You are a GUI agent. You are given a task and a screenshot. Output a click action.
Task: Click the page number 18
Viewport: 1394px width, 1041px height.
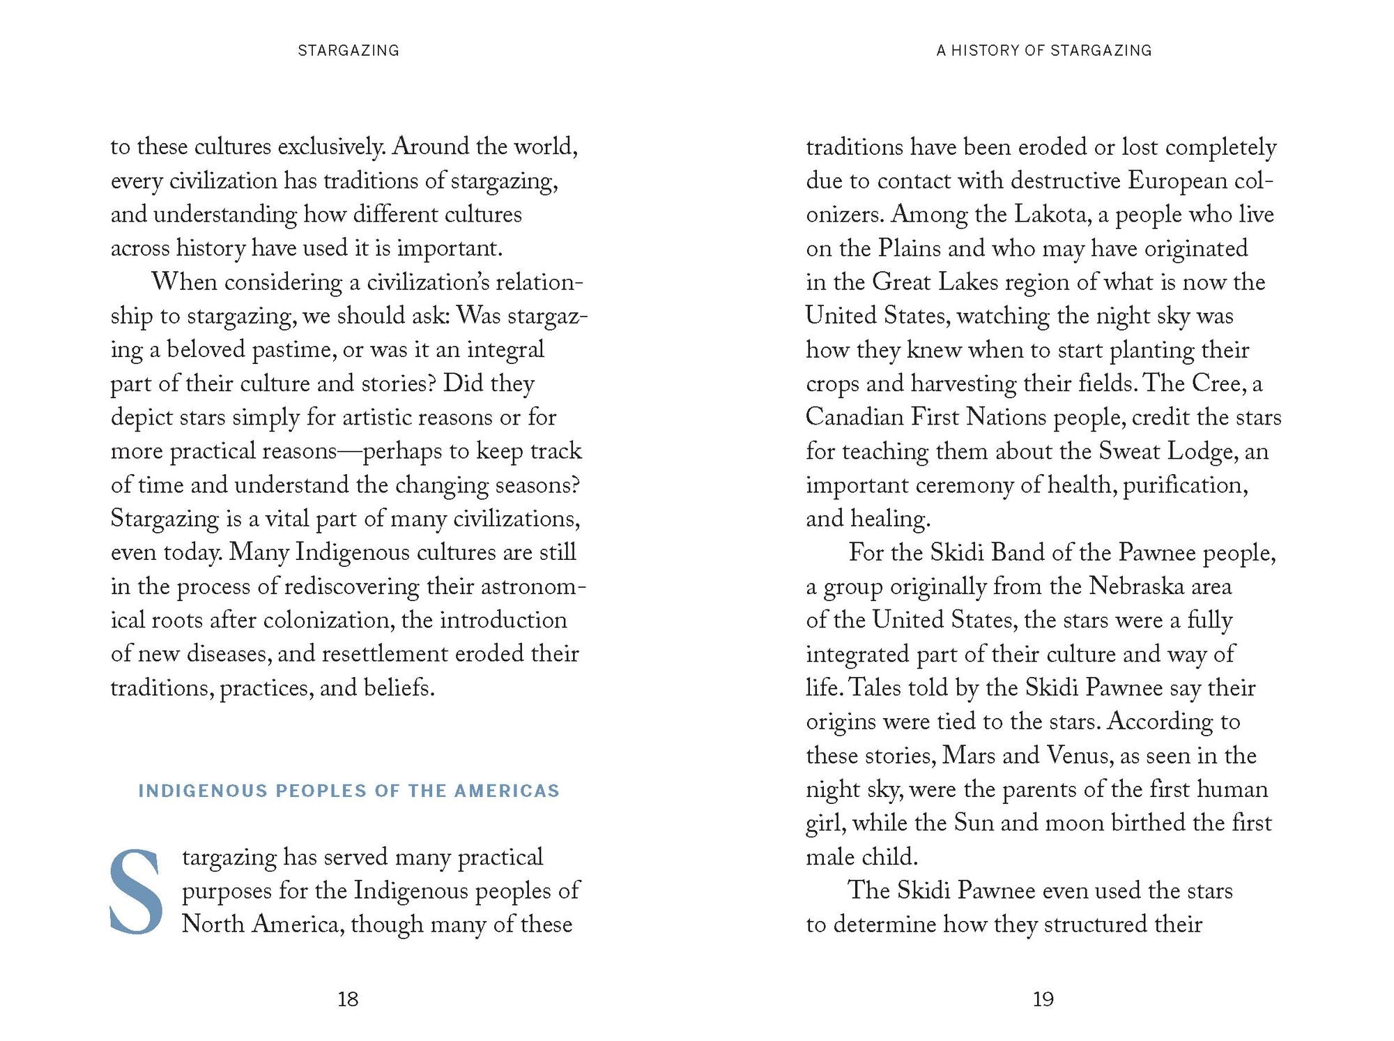348,999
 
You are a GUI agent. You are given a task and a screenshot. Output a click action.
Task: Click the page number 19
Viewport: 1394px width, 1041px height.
1043,999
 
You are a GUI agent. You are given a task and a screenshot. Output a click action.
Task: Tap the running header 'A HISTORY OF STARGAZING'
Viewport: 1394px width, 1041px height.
1043,50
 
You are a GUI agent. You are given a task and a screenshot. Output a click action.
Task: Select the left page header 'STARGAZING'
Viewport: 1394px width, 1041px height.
348,50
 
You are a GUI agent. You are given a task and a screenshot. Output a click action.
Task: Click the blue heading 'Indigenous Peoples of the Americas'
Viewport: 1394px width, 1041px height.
348,791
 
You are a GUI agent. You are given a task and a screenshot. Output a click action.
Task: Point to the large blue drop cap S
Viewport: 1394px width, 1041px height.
136,891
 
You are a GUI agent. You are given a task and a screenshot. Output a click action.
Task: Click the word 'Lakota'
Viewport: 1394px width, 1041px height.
1052,214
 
